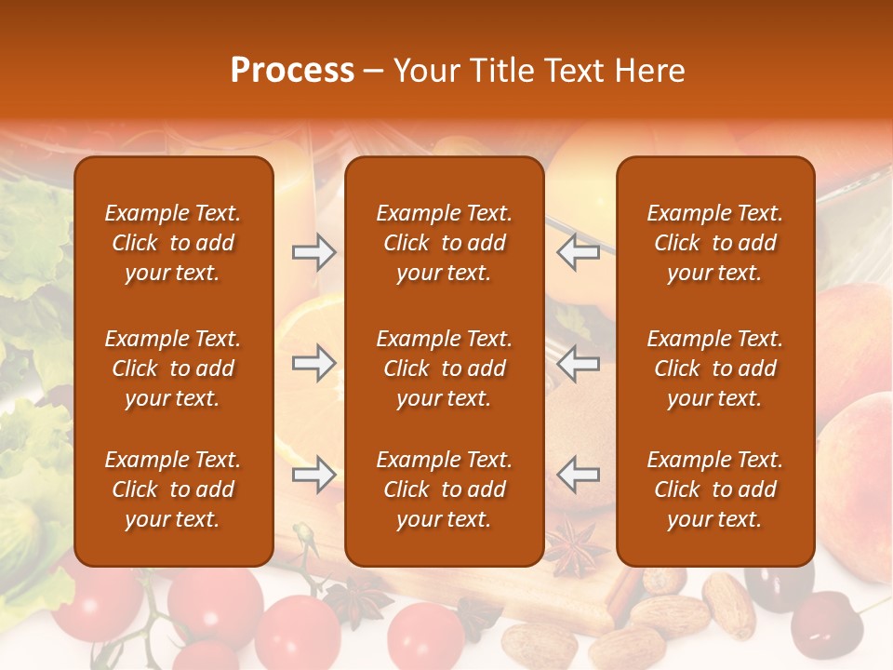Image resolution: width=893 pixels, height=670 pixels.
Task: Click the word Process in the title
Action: point(292,71)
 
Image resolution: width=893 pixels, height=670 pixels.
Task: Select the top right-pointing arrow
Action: point(313,252)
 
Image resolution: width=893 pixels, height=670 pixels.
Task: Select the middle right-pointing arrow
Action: point(313,363)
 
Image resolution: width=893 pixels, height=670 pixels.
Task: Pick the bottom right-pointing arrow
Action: point(313,475)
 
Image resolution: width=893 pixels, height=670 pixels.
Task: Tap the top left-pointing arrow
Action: point(578,252)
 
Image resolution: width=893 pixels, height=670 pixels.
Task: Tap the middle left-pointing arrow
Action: point(578,363)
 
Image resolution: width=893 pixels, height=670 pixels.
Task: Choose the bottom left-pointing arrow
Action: point(578,475)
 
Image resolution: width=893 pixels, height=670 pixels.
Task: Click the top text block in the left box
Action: point(173,243)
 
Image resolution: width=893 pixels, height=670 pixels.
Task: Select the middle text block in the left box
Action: point(173,368)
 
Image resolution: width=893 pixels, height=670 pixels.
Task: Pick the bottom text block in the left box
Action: point(173,489)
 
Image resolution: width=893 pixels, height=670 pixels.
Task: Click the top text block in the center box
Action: point(444,243)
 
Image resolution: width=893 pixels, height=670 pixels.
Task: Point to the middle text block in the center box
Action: point(444,368)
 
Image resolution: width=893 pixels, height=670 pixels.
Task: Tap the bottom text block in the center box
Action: point(444,489)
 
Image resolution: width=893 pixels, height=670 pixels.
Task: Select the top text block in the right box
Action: point(714,243)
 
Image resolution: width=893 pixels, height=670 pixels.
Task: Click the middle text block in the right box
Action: point(714,368)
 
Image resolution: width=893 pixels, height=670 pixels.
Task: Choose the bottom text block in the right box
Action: point(714,489)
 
